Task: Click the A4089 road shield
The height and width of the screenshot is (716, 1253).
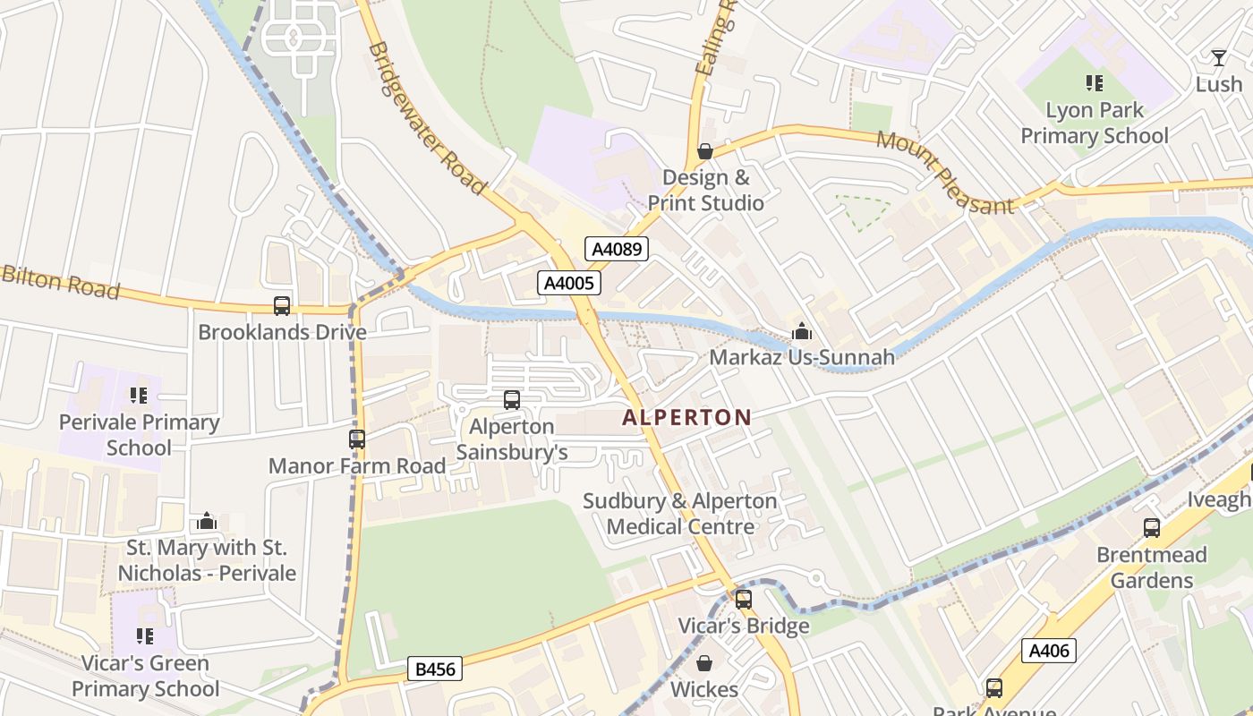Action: [617, 249]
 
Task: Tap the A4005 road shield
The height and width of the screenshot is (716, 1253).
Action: [569, 284]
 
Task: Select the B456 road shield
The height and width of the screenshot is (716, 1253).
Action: [434, 669]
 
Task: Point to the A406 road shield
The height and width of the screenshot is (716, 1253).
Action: [1048, 651]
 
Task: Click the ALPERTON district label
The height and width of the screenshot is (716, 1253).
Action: [686, 417]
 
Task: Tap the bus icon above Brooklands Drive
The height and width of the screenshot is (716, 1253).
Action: [282, 306]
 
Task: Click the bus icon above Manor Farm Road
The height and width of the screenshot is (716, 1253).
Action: [357, 439]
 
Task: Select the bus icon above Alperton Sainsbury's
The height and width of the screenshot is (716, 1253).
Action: [512, 400]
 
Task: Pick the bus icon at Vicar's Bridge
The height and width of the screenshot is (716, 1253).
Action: [743, 600]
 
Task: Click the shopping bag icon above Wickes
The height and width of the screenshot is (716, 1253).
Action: [704, 663]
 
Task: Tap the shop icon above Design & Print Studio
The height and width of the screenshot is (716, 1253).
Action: [705, 151]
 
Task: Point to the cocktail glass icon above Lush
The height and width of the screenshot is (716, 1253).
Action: [1218, 58]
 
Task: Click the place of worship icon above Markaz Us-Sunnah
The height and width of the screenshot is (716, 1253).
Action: [802, 332]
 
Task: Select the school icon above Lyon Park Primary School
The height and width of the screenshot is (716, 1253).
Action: [1094, 84]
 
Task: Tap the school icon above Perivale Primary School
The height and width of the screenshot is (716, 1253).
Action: [139, 396]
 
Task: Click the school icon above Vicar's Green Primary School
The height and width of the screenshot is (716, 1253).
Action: [144, 636]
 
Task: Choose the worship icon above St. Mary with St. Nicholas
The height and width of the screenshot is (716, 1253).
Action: [208, 521]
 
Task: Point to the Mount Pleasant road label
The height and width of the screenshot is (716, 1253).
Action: [945, 173]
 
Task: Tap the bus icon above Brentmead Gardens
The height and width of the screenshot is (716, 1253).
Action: [1152, 528]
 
